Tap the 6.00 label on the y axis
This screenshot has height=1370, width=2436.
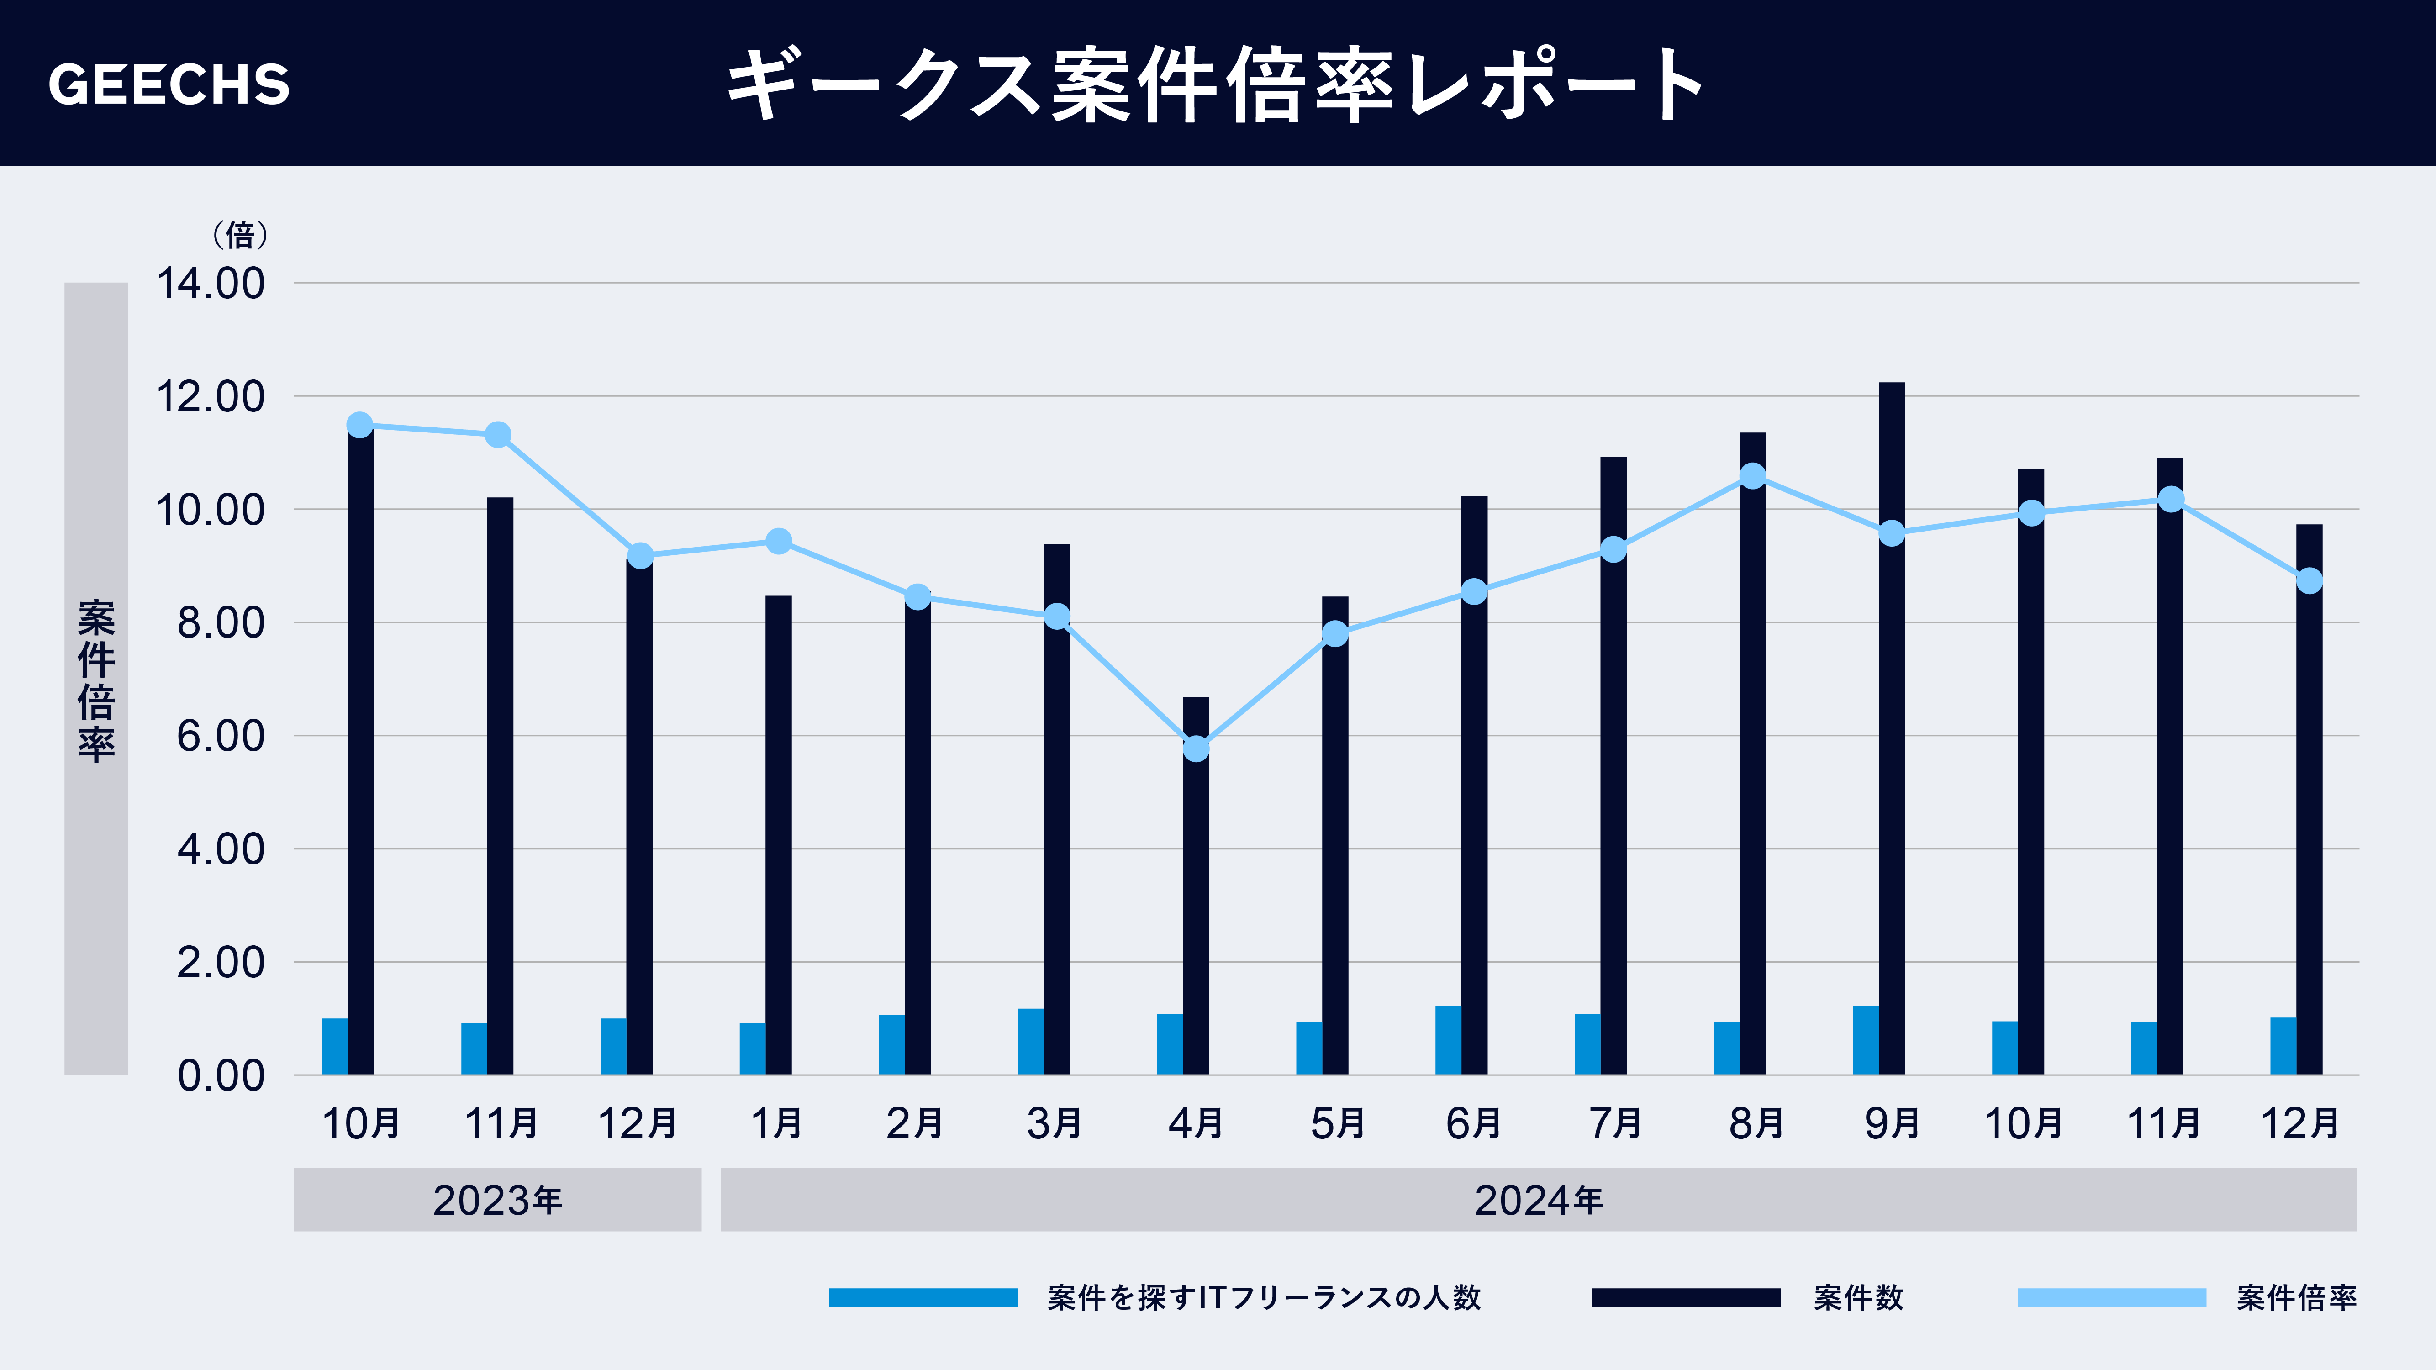220,737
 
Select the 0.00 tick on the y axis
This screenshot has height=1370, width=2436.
220,1076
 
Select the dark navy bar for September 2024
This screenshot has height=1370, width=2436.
1891,728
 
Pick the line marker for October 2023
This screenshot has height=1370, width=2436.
359,426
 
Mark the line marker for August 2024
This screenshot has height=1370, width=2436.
1752,475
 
